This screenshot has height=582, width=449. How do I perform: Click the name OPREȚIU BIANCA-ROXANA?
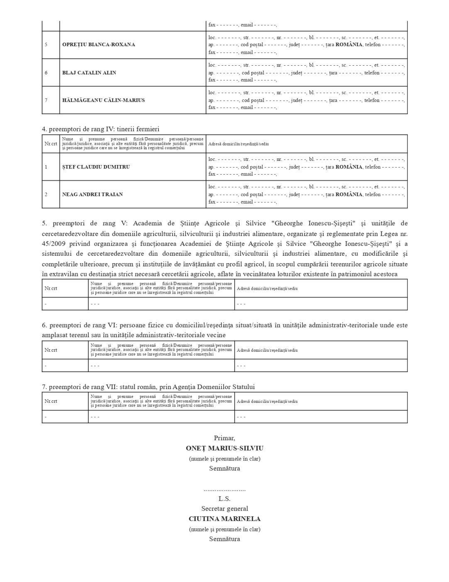click(x=98, y=44)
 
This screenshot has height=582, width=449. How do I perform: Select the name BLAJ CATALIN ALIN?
click(x=89, y=73)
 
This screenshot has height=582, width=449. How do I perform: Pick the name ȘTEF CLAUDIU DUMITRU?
click(x=96, y=167)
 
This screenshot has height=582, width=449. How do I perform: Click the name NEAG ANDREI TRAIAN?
click(x=93, y=194)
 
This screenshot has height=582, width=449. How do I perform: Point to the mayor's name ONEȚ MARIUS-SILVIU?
click(x=224, y=448)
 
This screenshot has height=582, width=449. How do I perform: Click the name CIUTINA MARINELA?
click(x=224, y=519)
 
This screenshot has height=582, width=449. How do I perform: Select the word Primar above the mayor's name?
click(x=224, y=438)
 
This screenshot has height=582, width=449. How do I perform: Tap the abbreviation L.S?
click(x=224, y=498)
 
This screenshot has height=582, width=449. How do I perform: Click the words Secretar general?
click(x=224, y=508)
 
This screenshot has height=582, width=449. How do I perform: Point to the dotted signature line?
click(x=224, y=490)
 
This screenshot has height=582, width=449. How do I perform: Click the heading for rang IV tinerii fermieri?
click(x=100, y=129)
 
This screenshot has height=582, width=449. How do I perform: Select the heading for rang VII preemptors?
click(x=148, y=387)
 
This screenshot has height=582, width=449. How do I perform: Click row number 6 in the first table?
click(x=46, y=73)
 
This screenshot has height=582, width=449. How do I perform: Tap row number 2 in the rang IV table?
click(x=46, y=194)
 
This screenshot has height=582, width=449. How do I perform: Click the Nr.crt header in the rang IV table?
click(x=51, y=144)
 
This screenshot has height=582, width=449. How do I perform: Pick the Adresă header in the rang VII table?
click(x=267, y=402)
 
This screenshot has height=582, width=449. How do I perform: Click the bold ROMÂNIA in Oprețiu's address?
click(x=349, y=44)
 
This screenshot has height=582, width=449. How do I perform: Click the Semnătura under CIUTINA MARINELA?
click(x=224, y=539)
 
